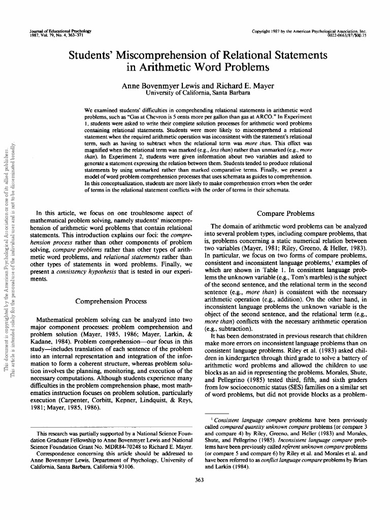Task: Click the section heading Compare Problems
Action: (285, 213)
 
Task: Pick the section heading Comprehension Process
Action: (111, 301)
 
